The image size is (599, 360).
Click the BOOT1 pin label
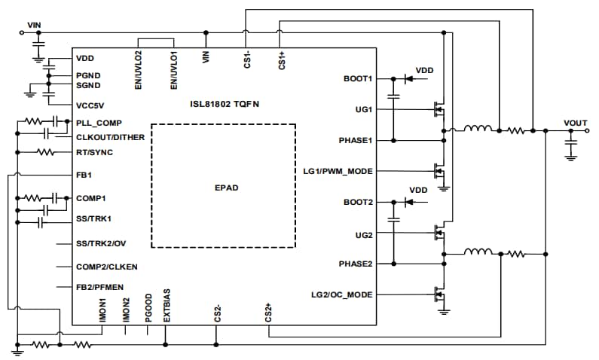coord(358,78)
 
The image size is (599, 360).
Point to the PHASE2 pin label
coord(356,264)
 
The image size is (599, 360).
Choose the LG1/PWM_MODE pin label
coord(337,171)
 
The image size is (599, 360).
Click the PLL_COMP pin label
coord(99,122)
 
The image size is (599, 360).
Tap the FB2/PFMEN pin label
coord(101,287)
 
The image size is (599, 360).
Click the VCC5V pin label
coord(90,106)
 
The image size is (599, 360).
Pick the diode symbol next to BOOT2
coord(410,202)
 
